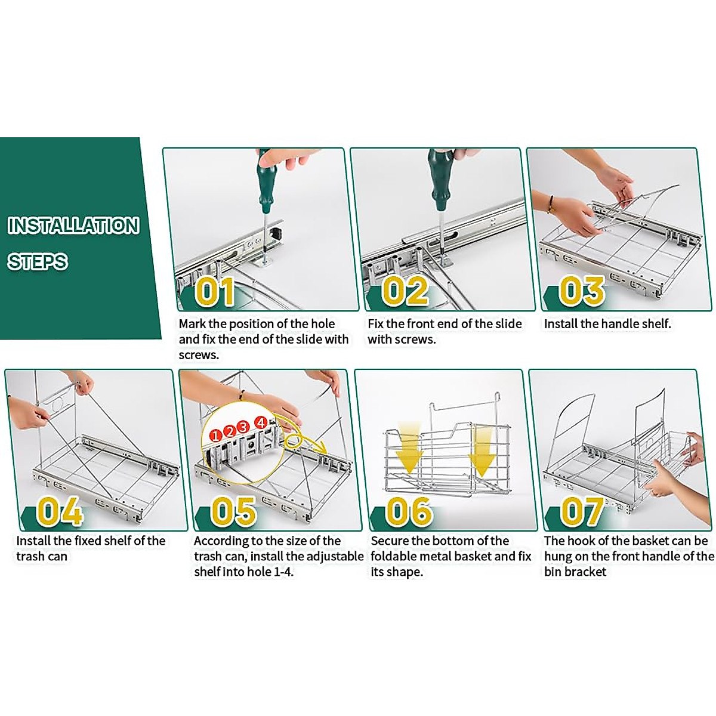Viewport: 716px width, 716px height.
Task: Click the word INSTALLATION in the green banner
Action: pos(73,226)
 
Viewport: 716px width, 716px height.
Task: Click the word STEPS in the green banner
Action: pos(38,261)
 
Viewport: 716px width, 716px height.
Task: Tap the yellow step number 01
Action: pos(215,291)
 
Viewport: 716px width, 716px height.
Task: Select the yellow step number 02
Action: pos(405,291)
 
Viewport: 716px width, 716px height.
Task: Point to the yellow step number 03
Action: pos(582,291)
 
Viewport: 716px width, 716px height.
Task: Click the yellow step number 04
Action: pos(60,511)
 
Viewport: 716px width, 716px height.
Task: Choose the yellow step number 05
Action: pos(234,511)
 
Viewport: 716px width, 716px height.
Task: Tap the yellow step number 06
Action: pos(409,511)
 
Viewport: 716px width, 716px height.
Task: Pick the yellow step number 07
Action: pos(582,511)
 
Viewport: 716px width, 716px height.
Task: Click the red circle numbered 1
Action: pos(215,435)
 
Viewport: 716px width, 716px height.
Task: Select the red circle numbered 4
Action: pos(261,423)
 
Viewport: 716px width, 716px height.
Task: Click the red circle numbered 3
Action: pos(243,427)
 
